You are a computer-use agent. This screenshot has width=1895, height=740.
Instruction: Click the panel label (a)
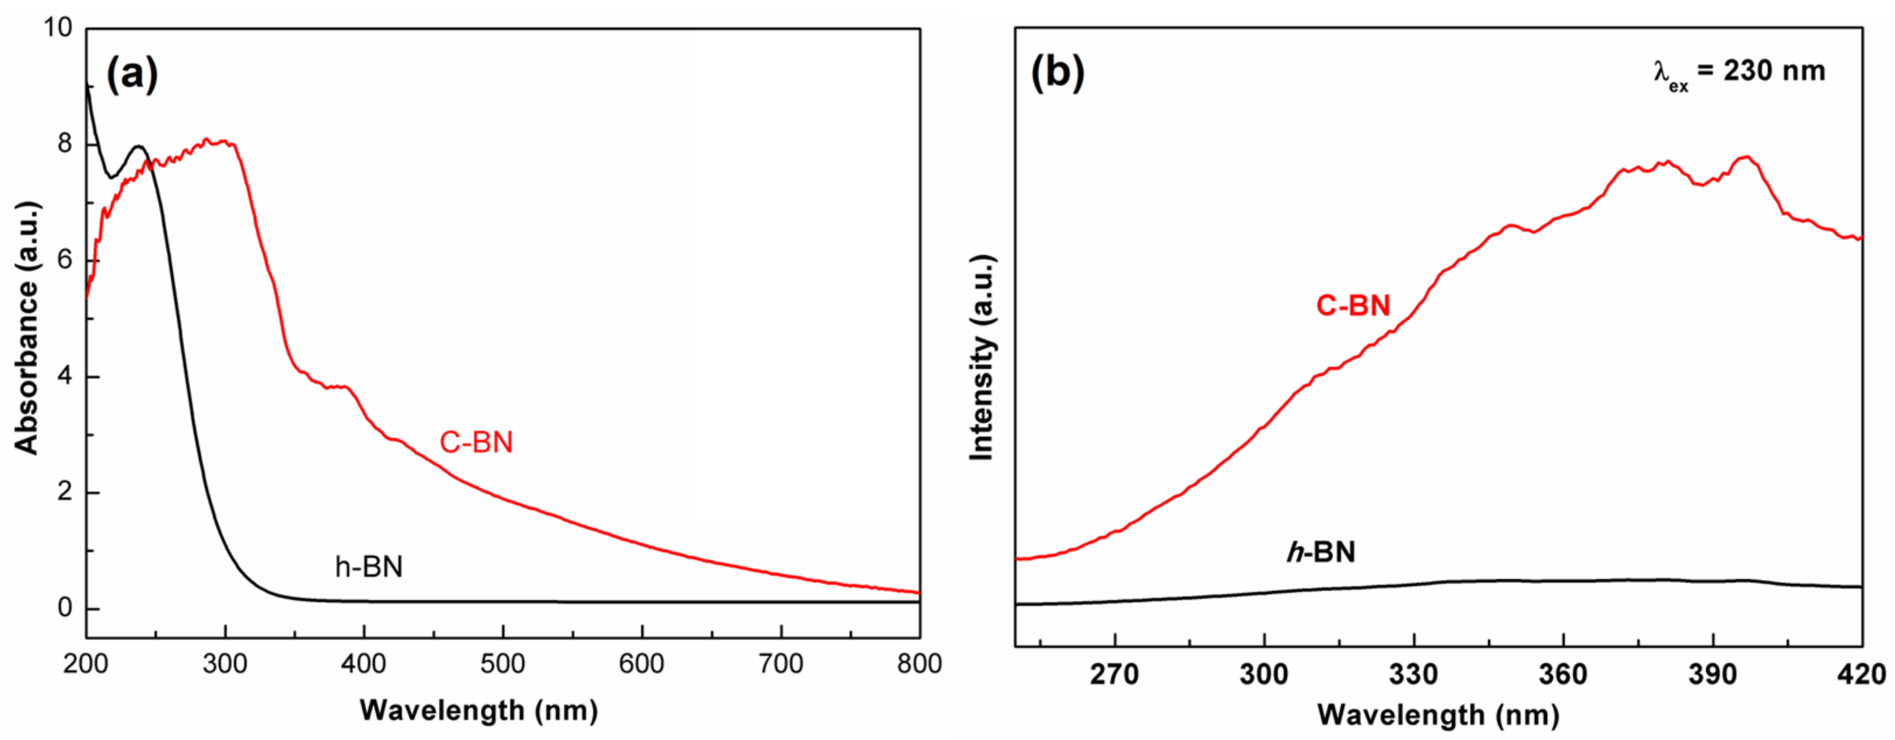(x=132, y=75)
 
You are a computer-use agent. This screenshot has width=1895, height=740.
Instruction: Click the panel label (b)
(x=1057, y=73)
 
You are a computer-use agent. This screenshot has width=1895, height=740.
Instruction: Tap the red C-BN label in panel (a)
(x=476, y=442)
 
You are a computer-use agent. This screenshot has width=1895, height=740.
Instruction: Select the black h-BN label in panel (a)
(x=369, y=567)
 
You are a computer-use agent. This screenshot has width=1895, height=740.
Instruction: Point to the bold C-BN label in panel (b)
(x=1353, y=305)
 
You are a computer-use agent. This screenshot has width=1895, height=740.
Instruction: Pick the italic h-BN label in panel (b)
(x=1321, y=552)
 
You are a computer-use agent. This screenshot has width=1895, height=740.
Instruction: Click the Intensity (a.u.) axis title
(x=982, y=358)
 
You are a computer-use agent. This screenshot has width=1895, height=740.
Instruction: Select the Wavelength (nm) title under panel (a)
(x=479, y=711)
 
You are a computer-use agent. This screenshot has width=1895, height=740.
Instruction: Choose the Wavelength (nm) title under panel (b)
(x=1438, y=714)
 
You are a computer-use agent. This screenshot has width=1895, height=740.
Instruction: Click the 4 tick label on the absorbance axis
(x=65, y=377)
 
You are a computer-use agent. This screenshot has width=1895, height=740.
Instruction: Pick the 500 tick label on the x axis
(x=503, y=664)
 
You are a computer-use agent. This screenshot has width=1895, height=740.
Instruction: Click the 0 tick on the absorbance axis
(x=65, y=608)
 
